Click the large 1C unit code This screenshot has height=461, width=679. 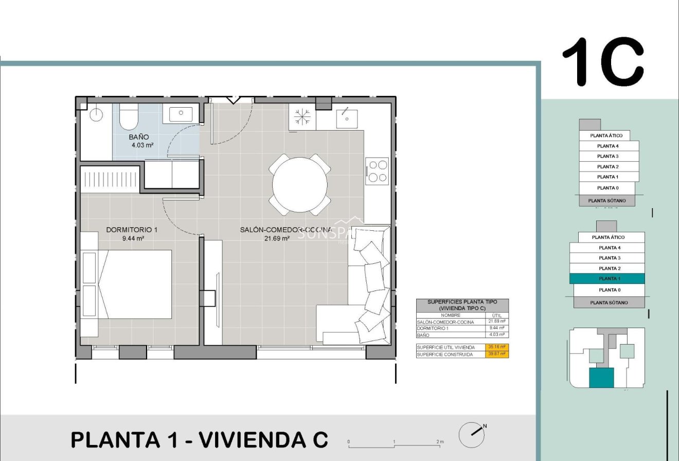602,62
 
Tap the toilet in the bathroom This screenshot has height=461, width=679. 128,118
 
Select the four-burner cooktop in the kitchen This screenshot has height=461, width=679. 377,172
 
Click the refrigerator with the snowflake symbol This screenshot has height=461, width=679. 302,117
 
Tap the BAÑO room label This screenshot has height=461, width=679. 139,137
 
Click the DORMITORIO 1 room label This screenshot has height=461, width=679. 132,230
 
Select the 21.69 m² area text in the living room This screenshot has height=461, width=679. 277,238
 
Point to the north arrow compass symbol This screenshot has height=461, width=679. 472,435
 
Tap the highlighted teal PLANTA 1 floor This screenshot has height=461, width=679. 606,279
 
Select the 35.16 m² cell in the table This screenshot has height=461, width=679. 496,347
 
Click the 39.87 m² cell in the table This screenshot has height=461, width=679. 496,354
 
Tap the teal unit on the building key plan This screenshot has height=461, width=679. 601,378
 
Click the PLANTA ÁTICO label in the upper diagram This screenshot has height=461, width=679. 609,135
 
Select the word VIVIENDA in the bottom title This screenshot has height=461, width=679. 252,440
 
